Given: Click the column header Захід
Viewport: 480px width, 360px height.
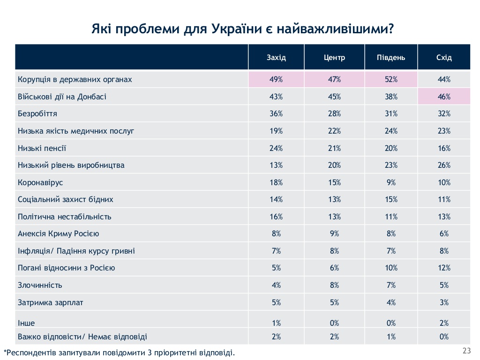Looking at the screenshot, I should [x=276, y=58].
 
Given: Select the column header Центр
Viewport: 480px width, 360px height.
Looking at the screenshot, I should [x=334, y=58].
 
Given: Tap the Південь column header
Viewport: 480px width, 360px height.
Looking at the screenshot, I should [x=391, y=58].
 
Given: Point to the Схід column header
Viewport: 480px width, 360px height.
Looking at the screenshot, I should [x=444, y=58].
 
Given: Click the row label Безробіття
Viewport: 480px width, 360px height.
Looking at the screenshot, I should [x=37, y=114].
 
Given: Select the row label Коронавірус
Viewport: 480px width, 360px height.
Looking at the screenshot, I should [x=40, y=182].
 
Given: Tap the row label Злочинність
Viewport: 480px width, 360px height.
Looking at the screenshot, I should [x=40, y=285].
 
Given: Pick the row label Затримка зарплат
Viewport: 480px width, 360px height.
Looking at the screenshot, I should [x=50, y=302].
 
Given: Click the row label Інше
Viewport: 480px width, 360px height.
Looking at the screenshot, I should [x=26, y=323].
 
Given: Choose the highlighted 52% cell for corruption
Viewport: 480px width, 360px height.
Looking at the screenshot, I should [x=391, y=80].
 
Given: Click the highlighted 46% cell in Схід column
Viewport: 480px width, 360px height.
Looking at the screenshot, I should [x=444, y=97].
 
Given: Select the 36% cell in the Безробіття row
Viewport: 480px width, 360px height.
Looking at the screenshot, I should [x=276, y=114].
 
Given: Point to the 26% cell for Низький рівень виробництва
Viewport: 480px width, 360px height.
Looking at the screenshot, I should [x=444, y=165].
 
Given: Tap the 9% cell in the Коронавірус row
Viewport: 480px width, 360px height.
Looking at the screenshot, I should [x=391, y=182].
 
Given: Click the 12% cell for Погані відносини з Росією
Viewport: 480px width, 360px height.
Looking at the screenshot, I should [x=444, y=268].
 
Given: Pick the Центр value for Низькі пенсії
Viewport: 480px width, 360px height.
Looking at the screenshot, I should [x=334, y=148].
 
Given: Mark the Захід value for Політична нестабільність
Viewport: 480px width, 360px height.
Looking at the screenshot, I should [x=276, y=217].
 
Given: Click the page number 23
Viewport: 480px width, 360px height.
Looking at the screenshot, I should [x=466, y=351].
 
